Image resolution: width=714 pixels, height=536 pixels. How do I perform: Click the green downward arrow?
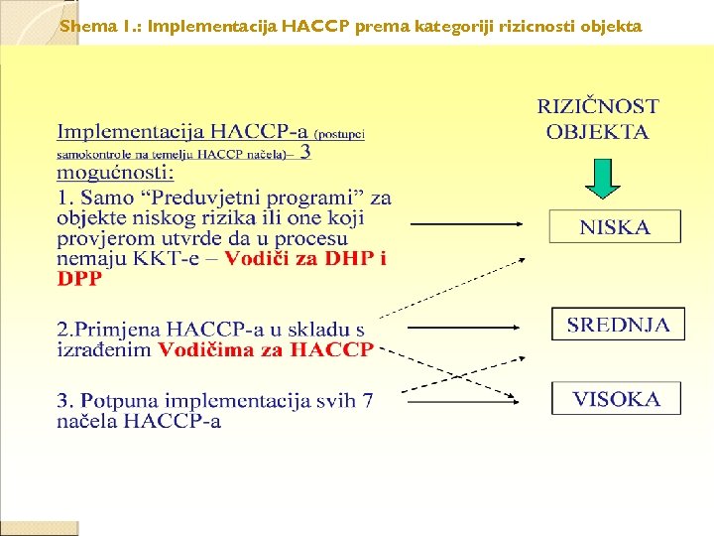[x=600, y=178]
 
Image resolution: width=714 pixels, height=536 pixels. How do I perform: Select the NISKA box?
[x=615, y=227]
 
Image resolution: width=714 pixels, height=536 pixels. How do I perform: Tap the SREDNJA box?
[x=618, y=325]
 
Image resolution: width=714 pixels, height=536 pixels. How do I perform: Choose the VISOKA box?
[x=616, y=399]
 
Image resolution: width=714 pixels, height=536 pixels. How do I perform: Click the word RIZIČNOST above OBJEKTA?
[x=598, y=106]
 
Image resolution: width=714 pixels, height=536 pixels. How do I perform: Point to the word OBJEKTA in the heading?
[x=598, y=132]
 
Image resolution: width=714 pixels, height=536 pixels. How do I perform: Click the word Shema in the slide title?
[x=80, y=26]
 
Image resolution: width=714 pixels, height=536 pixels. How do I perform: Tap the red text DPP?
[x=79, y=279]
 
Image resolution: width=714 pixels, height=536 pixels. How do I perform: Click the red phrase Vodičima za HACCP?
[x=266, y=349]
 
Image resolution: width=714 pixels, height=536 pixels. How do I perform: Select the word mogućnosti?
[x=115, y=173]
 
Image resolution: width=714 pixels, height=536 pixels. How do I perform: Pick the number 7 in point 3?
[x=367, y=401]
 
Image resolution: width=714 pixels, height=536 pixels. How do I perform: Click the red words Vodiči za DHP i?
[x=306, y=259]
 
